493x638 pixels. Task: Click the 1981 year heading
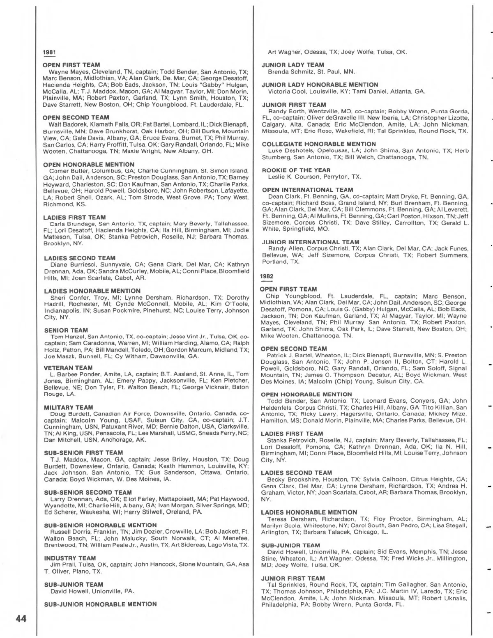(x=49, y=52)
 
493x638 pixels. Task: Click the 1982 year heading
(x=266, y=276)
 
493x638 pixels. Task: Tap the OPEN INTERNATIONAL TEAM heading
(x=307, y=190)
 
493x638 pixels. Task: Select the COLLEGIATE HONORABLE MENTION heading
(x=319, y=144)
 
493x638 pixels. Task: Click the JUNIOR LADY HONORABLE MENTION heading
(x=320, y=85)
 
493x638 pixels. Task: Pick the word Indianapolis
(x=63, y=311)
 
